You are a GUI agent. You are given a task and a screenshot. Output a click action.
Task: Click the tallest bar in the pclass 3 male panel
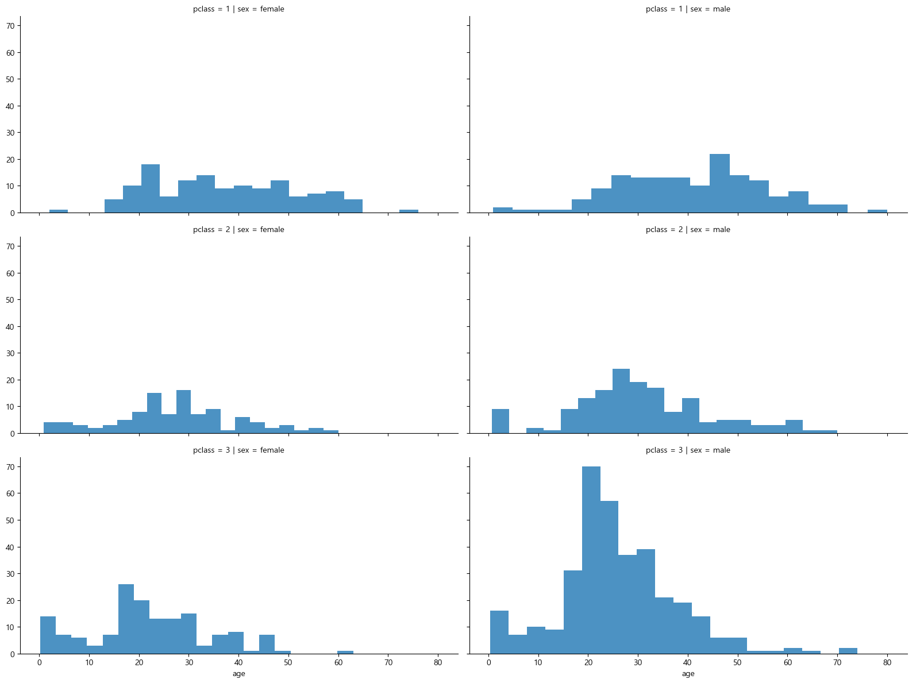(x=591, y=560)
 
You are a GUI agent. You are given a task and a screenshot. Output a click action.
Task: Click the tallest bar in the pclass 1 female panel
(x=151, y=188)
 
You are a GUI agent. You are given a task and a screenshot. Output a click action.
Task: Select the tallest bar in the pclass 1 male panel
(x=719, y=183)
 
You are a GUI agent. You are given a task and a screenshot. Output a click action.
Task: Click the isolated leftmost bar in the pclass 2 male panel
(x=500, y=421)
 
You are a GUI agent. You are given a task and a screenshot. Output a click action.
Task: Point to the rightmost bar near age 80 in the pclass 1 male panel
(x=877, y=211)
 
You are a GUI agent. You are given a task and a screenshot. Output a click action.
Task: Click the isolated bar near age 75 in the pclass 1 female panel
(x=409, y=211)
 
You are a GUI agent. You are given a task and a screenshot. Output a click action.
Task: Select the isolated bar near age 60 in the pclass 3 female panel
(x=345, y=652)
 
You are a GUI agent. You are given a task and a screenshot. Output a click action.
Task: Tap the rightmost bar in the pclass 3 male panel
(x=848, y=651)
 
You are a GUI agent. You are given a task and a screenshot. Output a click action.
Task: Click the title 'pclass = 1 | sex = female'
(x=238, y=9)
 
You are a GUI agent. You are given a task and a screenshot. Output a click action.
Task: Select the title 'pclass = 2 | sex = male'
(x=688, y=230)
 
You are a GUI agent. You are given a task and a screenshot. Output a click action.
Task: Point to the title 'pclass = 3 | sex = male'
(x=688, y=450)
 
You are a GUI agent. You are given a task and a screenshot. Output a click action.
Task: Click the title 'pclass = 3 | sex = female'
(x=238, y=450)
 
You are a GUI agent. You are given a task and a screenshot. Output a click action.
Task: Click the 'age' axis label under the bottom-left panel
(x=238, y=674)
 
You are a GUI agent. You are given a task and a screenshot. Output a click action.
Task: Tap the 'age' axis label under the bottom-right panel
(x=688, y=674)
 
